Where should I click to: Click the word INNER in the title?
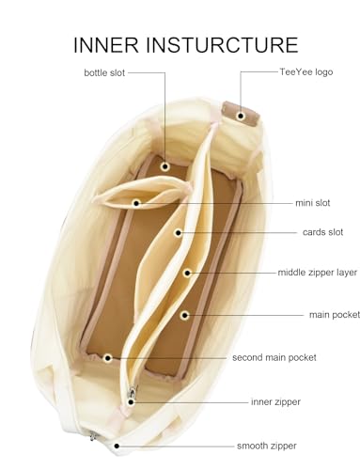[106, 45]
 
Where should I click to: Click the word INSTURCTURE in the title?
[222, 45]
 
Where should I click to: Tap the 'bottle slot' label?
[104, 72]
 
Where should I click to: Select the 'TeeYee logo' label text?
[306, 72]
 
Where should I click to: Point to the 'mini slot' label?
[313, 203]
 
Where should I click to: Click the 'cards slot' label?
[322, 232]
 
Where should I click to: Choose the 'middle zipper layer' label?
[318, 273]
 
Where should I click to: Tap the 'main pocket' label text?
[335, 315]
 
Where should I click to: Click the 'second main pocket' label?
[274, 357]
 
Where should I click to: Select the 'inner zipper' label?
[275, 401]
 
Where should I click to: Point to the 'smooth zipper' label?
[267, 446]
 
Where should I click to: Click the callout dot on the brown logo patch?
[241, 116]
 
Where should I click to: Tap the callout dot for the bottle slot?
[165, 166]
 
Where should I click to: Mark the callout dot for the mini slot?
[136, 203]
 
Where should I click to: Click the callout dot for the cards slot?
[178, 233]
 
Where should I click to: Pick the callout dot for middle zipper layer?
[187, 273]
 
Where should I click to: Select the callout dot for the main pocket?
[184, 315]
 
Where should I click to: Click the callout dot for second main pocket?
[108, 358]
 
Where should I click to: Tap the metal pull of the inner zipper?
[133, 392]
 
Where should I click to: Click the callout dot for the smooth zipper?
[117, 446]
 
